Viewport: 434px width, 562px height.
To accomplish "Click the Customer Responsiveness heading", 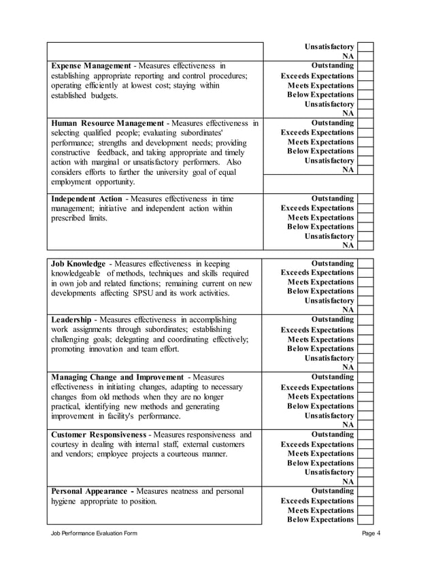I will click(99, 434).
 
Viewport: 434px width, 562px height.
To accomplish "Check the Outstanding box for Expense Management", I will click(365, 66).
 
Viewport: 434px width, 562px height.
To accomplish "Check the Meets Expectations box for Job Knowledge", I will click(365, 282).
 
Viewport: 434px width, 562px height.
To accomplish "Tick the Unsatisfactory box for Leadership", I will click(365, 358).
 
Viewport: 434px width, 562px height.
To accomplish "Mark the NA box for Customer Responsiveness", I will click(365, 481).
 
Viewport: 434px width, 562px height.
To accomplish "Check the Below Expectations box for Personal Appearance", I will click(365, 520).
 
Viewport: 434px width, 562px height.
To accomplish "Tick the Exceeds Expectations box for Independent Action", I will click(365, 208).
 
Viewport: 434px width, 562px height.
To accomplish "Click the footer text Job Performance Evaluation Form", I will click(94, 533).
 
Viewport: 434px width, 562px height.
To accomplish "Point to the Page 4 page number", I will click(371, 533).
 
